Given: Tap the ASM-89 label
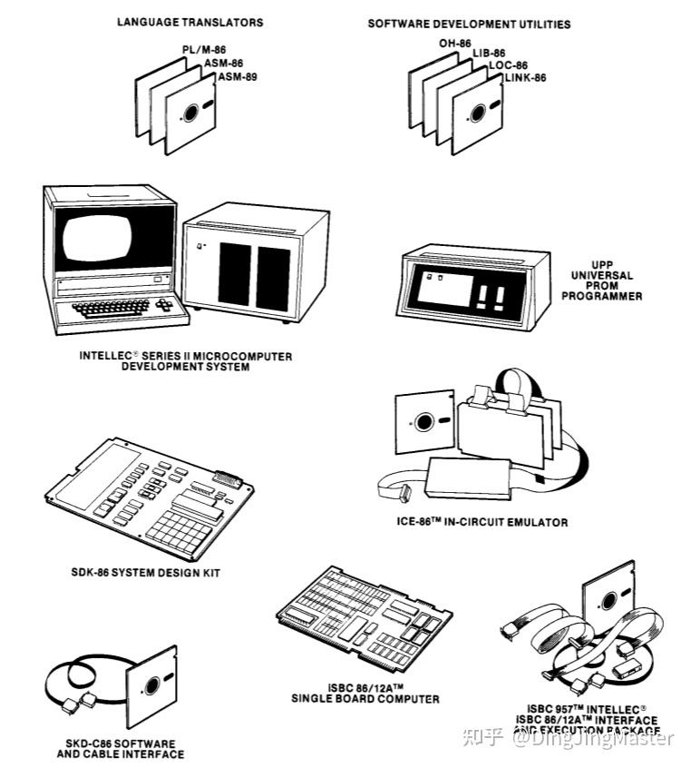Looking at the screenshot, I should (x=237, y=77).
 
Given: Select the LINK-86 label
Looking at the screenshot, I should (x=525, y=77).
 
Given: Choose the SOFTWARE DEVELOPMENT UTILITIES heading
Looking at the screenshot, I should (x=469, y=24).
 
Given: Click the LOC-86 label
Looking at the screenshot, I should (x=508, y=65).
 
